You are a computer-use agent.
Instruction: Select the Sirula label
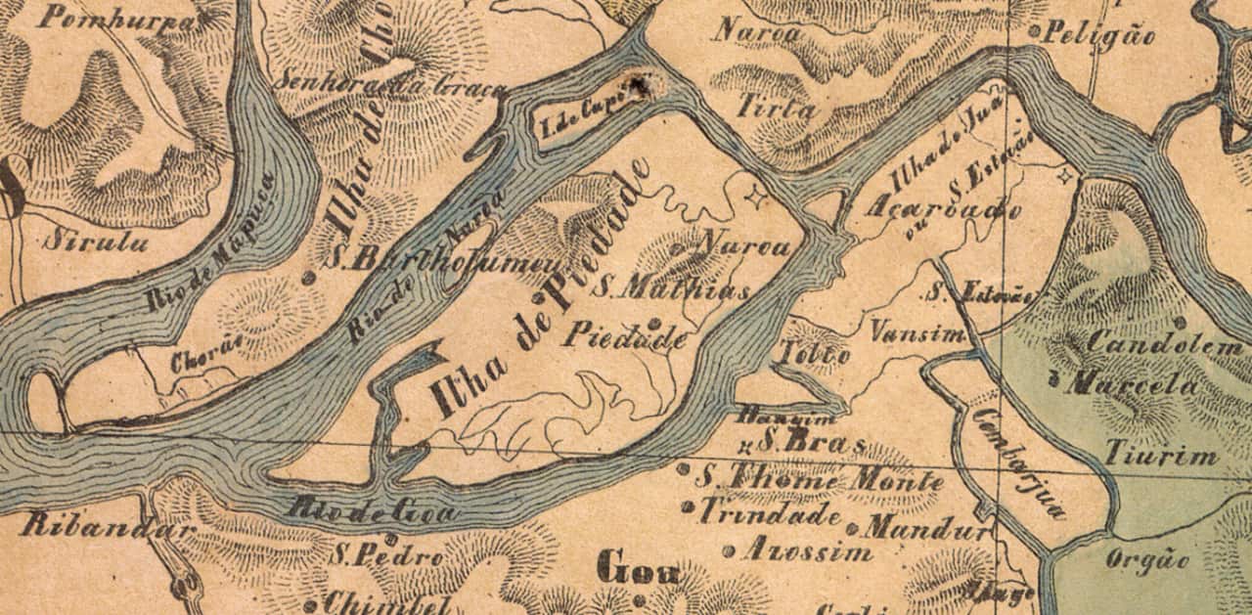[96, 241]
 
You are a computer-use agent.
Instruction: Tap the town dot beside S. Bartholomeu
[308, 278]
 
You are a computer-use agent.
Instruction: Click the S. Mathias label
[674, 290]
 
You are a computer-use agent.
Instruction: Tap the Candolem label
[1164, 345]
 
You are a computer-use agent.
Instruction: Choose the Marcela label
[1132, 384]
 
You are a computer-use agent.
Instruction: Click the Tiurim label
[1161, 455]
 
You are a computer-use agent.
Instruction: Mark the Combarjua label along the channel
[1018, 462]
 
